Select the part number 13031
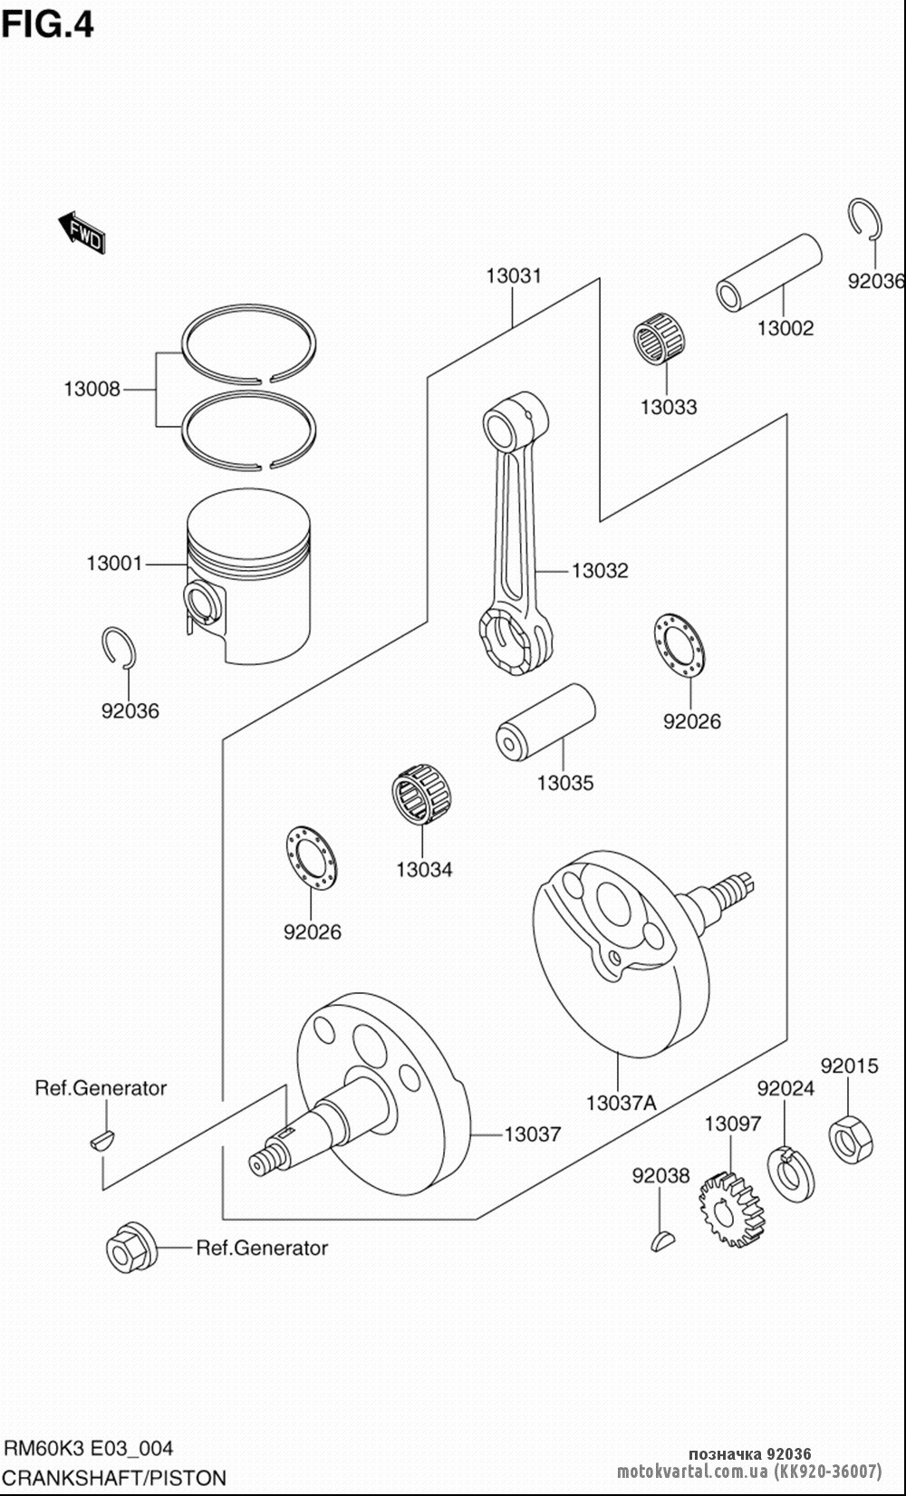click(514, 275)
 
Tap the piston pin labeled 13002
click(768, 273)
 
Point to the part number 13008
click(92, 390)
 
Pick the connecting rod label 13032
click(600, 571)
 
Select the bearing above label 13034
click(422, 796)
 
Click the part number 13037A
click(621, 1103)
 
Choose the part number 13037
click(533, 1134)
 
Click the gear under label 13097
click(730, 1209)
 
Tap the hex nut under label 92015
click(852, 1138)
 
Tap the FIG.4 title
click(48, 24)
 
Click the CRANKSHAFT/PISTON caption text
click(115, 1478)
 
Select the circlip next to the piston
click(118, 649)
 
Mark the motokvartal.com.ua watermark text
click(749, 1471)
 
